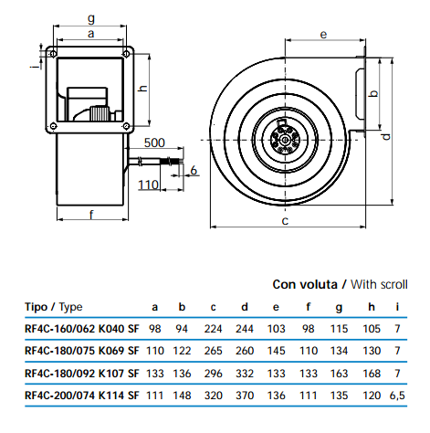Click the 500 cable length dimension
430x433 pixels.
(154, 143)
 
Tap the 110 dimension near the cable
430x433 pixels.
(148, 185)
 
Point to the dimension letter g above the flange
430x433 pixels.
(91, 18)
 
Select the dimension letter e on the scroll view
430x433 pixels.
(323, 35)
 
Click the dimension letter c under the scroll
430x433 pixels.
(285, 221)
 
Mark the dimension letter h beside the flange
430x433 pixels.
(142, 89)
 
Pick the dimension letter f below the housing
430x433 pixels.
(91, 215)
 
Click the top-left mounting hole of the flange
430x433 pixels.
(53, 54)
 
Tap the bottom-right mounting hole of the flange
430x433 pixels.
(126, 125)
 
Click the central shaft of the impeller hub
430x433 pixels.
(285, 140)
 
